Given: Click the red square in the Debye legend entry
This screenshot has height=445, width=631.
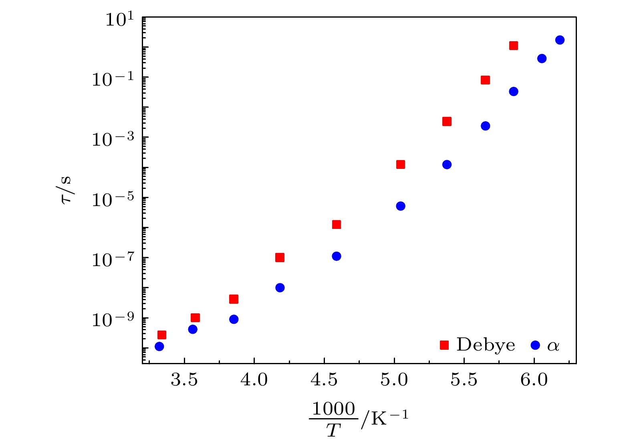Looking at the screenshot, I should tap(444, 345).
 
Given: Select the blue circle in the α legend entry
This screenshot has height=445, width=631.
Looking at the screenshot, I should tap(535, 345).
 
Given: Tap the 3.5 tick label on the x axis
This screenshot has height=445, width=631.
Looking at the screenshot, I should tap(184, 380).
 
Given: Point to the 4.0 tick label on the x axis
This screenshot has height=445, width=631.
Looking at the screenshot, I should tap(254, 380).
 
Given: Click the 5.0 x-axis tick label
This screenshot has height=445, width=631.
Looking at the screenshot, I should tap(394, 380).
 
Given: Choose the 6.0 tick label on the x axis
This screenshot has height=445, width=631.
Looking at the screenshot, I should tap(534, 380).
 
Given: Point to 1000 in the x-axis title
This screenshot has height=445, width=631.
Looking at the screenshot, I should tap(333, 409).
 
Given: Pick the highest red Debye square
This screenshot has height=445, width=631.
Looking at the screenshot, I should tap(514, 46).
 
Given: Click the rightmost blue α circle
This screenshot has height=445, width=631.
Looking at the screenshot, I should tap(560, 40).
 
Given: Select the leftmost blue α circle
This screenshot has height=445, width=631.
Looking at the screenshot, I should tap(159, 346).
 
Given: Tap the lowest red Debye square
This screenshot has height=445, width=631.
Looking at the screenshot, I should tap(162, 335).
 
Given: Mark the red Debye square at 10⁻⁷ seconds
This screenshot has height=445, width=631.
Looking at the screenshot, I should tap(280, 258).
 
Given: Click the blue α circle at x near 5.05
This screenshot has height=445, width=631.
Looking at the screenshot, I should tap(401, 206).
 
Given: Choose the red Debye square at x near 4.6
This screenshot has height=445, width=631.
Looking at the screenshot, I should tap(337, 225).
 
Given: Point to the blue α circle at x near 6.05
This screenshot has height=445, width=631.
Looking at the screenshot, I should tap(542, 58).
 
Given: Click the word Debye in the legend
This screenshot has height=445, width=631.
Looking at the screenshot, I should tap(486, 345).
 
